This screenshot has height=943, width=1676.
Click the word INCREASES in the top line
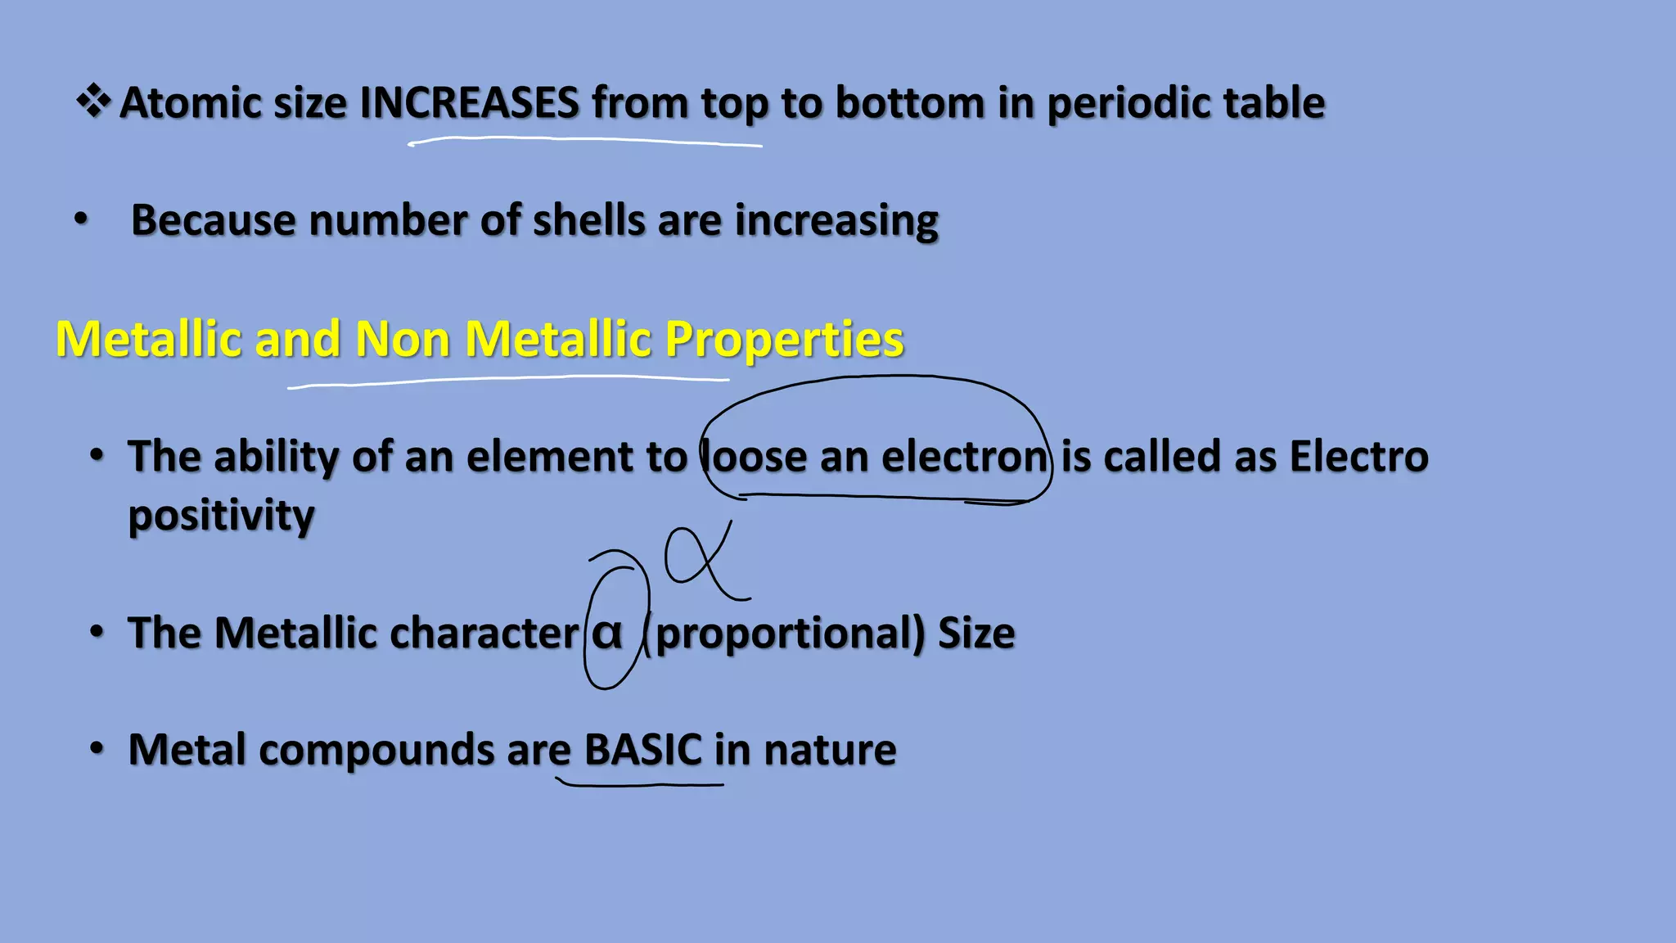(470, 103)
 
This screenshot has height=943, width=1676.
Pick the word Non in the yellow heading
(402, 339)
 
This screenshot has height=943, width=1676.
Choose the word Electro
(1358, 456)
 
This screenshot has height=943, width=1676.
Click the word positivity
(221, 517)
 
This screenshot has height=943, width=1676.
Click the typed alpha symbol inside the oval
(607, 634)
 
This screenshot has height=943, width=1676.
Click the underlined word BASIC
(642, 750)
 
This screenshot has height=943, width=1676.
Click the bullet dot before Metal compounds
(97, 749)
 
